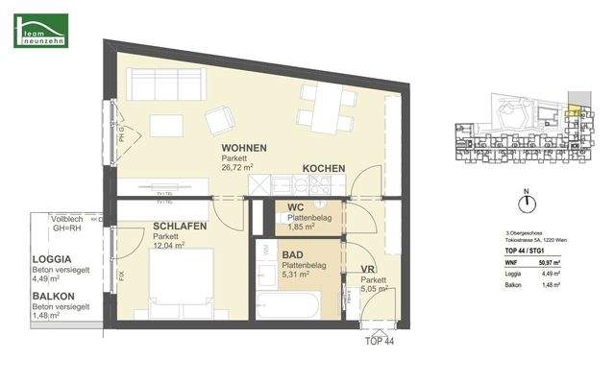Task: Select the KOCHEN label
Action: pyautogui.click(x=324, y=169)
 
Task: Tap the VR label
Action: pyautogui.click(x=367, y=270)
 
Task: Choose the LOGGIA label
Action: pyautogui.click(x=53, y=259)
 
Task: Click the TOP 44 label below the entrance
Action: pyautogui.click(x=379, y=340)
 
